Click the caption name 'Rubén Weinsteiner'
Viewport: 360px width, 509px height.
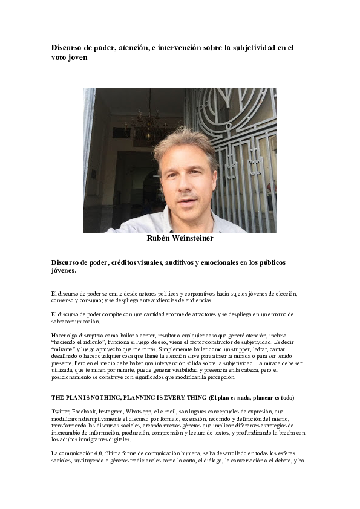[x=180, y=238]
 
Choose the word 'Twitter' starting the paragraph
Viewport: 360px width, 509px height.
[x=61, y=410]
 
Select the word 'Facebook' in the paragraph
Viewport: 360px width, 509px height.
[x=90, y=410]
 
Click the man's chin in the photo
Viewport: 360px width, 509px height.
[x=188, y=209]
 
